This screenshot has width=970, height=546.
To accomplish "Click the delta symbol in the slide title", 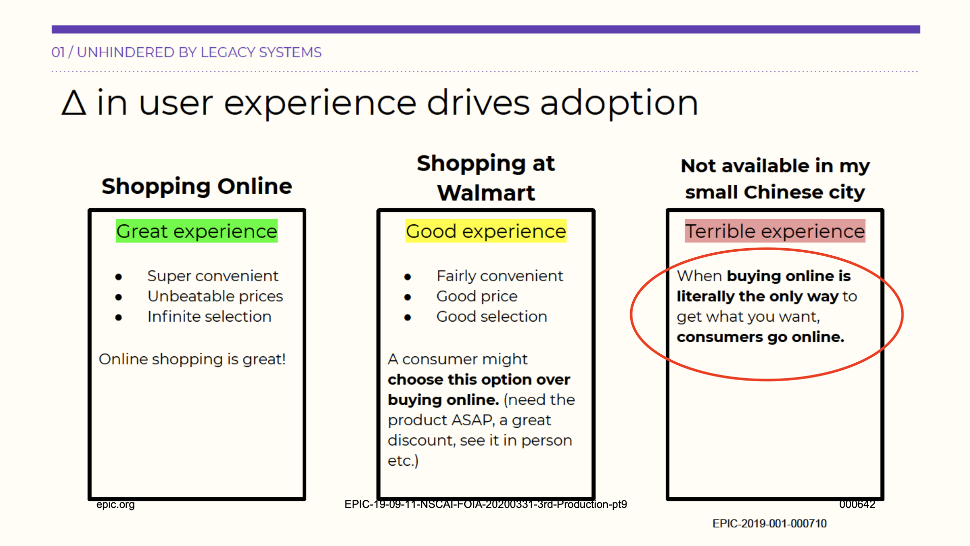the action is (74, 103).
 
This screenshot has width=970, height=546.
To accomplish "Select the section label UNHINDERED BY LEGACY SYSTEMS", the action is (199, 52).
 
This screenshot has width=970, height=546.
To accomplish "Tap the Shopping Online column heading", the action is (197, 186).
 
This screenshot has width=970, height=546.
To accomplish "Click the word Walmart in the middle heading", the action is (486, 193).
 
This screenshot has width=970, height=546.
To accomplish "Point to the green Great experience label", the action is (197, 231).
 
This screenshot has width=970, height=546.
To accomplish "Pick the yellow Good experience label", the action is (486, 231).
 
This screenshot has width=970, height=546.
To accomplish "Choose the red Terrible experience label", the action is (775, 231).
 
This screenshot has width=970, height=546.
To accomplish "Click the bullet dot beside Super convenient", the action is (119, 277).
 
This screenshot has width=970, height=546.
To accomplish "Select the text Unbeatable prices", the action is (215, 296).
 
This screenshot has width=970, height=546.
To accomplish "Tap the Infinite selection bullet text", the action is (210, 316).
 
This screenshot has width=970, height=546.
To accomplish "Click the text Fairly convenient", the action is (500, 276).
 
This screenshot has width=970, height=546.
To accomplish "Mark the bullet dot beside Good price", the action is (408, 297).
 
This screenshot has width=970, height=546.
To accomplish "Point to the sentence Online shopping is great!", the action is (192, 359).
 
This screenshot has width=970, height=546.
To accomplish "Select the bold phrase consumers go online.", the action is (760, 337).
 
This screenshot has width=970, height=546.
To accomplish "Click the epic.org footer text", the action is (116, 504).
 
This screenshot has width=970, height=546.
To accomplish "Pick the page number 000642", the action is (857, 504).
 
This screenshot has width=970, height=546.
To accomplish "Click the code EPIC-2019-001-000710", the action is (770, 524).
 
